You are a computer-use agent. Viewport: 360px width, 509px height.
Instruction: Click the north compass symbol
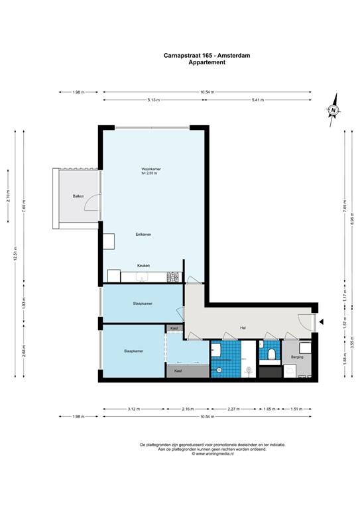click(334, 111)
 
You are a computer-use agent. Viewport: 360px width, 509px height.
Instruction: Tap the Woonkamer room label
click(151, 169)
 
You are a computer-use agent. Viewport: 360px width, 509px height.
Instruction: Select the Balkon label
click(78, 197)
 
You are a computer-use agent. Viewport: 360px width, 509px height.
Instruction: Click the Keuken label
click(143, 266)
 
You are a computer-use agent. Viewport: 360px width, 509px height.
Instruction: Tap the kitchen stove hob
click(174, 276)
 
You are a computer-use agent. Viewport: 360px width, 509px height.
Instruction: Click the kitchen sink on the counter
click(113, 275)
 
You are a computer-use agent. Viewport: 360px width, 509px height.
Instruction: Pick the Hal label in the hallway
click(243, 327)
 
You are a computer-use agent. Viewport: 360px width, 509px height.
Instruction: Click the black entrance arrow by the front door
click(321, 322)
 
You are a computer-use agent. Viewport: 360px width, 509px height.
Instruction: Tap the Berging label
click(297, 357)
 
